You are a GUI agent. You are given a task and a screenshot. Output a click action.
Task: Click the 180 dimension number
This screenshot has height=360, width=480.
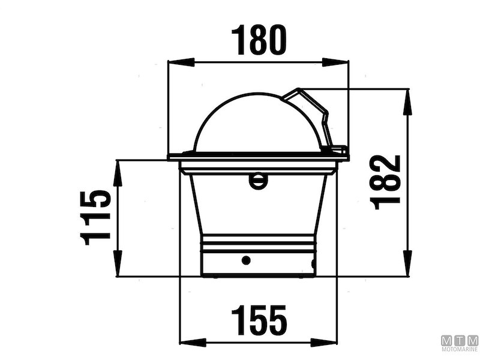pyautogui.click(x=259, y=40)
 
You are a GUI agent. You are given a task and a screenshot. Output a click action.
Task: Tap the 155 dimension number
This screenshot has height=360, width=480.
pyautogui.click(x=259, y=320)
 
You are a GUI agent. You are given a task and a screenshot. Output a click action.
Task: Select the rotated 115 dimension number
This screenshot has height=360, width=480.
pyautogui.click(x=95, y=218)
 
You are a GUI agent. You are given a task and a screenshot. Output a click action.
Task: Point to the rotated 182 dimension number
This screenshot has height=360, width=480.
pyautogui.click(x=385, y=182)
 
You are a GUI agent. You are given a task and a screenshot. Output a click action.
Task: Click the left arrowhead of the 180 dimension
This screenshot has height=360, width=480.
pyautogui.click(x=181, y=62)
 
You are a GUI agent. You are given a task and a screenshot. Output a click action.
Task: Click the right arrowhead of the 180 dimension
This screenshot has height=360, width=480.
pyautogui.click(x=335, y=62)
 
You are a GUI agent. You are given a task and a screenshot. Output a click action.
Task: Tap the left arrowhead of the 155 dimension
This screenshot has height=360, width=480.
pyautogui.click(x=193, y=343)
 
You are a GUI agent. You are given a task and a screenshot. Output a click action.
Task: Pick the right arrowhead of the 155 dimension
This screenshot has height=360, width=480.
pyautogui.click(x=323, y=343)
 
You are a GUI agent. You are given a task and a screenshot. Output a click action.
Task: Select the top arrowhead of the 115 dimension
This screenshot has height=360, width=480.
pyautogui.click(x=118, y=173)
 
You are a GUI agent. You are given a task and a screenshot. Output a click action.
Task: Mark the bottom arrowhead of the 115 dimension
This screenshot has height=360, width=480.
pyautogui.click(x=118, y=263)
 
